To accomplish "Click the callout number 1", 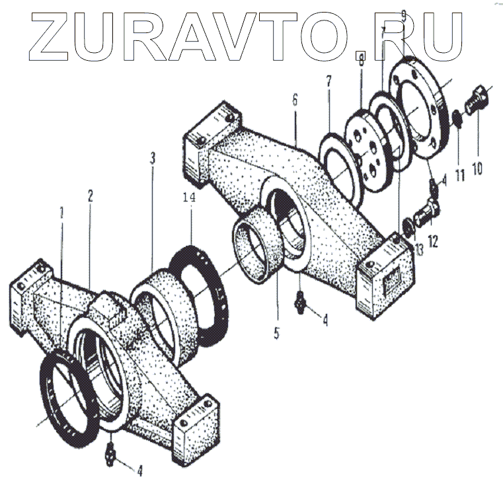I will (61, 213).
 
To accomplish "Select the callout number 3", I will (153, 159).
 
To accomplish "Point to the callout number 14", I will (190, 197).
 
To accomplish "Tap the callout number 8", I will (361, 63).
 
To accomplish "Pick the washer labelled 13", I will (407, 227).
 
